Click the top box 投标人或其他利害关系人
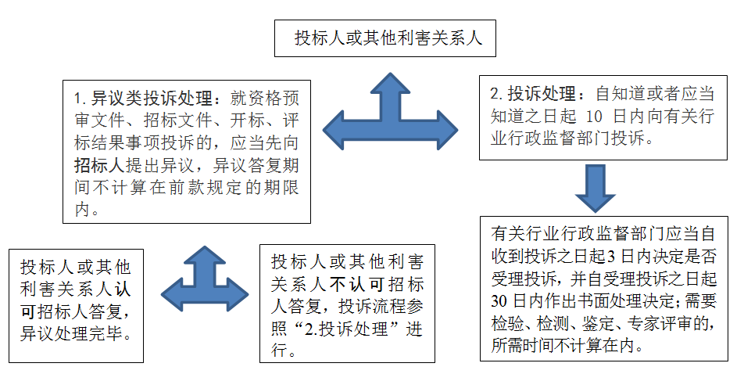click(385, 38)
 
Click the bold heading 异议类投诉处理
click(152, 99)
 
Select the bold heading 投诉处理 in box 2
click(542, 94)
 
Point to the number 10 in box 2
click(594, 116)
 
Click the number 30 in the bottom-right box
click(499, 300)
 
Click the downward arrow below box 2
click(595, 189)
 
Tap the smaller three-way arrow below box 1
click(205, 280)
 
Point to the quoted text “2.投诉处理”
click(350, 329)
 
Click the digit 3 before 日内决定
click(611, 257)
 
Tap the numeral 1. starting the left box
click(80, 99)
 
